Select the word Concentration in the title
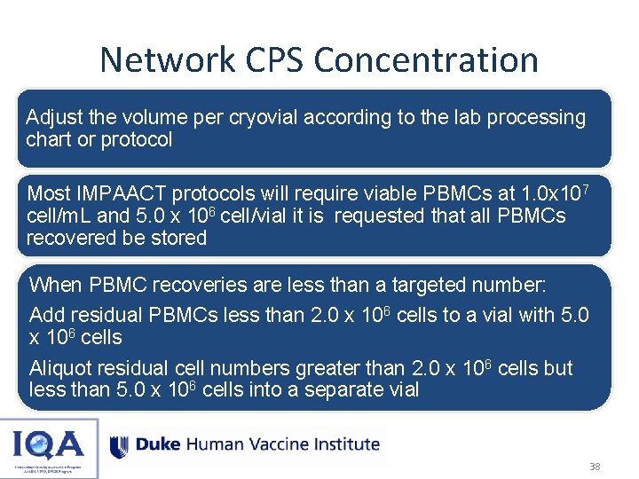[x=426, y=60]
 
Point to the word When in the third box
[x=54, y=285]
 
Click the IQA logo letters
[x=49, y=442]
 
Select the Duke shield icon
[x=119, y=445]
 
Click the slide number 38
[x=595, y=466]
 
